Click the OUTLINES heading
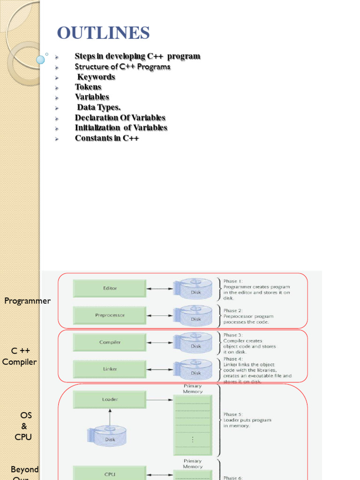coord(103,33)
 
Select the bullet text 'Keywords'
coord(96,77)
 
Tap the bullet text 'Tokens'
coord(88,87)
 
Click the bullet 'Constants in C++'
coord(107,138)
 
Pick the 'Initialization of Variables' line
coord(121,128)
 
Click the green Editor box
coord(110,288)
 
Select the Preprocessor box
coord(110,315)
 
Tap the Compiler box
coord(110,342)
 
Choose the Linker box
coord(110,369)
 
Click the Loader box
coord(110,399)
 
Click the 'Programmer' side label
coord(27,301)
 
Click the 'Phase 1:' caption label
coord(233,281)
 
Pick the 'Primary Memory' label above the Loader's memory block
coord(193,389)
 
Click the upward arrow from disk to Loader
coord(110,417)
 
